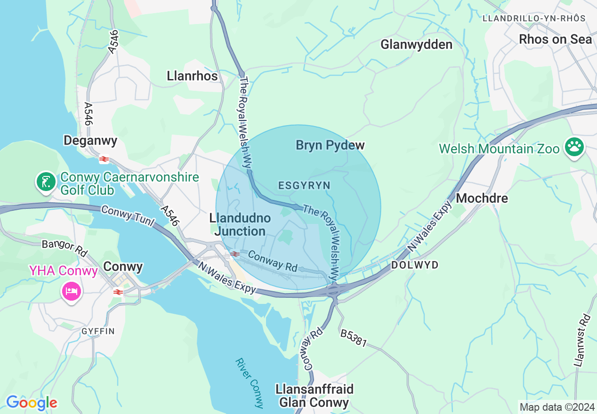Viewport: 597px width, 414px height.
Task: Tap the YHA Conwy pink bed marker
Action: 71,291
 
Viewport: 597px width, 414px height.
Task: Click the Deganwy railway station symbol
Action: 104,159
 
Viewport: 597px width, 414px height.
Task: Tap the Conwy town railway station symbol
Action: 118,292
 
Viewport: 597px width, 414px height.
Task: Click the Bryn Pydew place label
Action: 330,145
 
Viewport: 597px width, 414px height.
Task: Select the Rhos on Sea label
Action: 555,40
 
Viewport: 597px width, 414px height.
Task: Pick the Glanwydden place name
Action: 416,45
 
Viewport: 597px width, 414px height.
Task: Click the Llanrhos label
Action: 192,76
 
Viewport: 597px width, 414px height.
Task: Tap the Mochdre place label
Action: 482,198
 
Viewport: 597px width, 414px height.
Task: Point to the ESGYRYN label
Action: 304,185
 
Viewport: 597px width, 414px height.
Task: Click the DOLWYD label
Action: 415,265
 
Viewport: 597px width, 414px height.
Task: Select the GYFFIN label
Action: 98,331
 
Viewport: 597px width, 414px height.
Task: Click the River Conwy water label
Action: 250,383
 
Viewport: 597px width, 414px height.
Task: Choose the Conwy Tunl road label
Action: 128,216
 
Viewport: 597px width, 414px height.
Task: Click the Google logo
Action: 32,403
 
